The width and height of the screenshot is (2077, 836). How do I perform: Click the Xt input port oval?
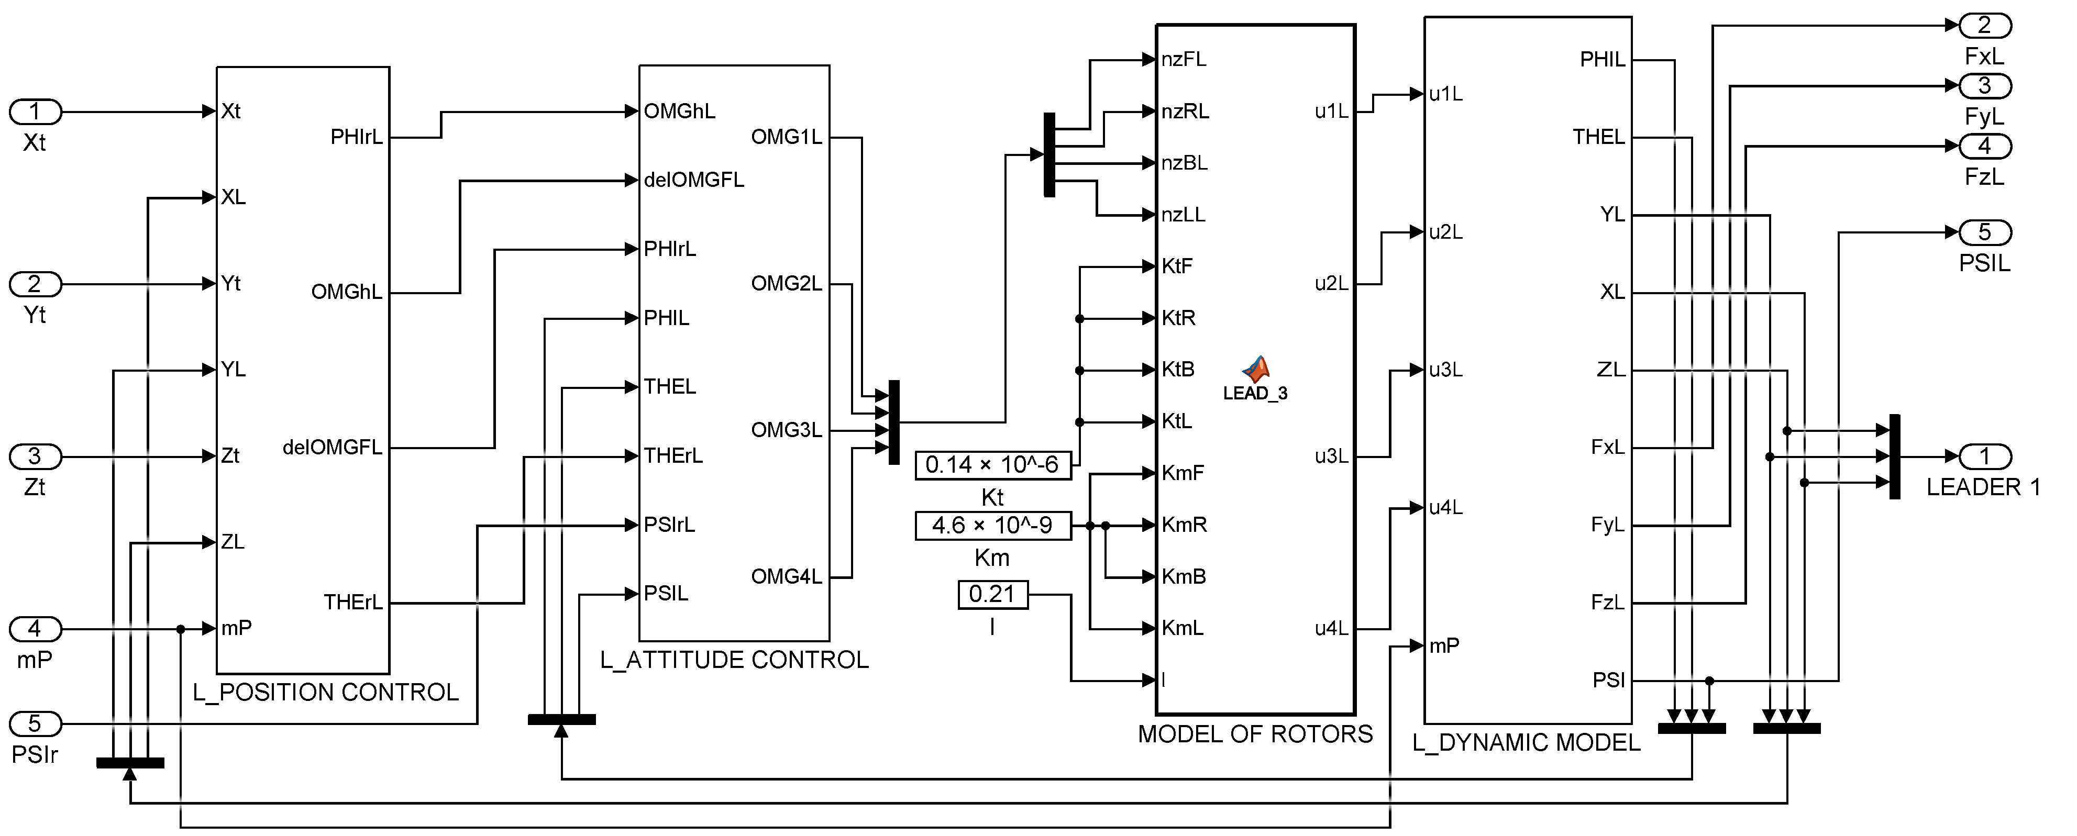(x=35, y=112)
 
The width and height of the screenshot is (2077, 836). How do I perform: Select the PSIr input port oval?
(x=35, y=723)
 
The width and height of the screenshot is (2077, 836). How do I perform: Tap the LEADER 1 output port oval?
(x=1984, y=456)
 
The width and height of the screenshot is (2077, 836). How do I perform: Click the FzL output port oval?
(x=1984, y=146)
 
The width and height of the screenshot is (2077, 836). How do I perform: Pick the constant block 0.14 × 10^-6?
(x=992, y=465)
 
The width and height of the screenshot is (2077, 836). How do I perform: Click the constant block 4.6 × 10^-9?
(x=992, y=526)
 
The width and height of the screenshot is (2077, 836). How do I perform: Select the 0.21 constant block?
(x=992, y=594)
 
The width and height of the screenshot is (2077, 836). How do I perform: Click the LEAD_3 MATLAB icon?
(x=1255, y=370)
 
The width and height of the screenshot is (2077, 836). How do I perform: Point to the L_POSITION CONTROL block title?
(x=326, y=692)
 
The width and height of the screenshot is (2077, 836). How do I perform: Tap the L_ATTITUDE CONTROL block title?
(x=734, y=660)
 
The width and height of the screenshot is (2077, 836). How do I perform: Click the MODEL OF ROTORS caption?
(x=1255, y=733)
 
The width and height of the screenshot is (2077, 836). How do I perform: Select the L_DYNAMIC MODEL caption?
(x=1526, y=742)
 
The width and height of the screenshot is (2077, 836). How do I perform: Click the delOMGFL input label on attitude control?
(x=693, y=180)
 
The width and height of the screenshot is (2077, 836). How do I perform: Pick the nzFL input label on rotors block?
(x=1184, y=59)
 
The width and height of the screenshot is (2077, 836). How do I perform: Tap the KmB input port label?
(x=1184, y=576)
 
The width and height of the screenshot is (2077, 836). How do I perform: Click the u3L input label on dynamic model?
(x=1445, y=370)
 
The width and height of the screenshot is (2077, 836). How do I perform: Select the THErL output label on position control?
(x=352, y=602)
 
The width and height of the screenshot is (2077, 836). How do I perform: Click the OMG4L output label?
(x=786, y=576)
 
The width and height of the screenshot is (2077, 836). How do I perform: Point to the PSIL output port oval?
(x=1984, y=232)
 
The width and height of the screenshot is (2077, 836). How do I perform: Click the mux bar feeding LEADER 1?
(x=1895, y=456)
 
